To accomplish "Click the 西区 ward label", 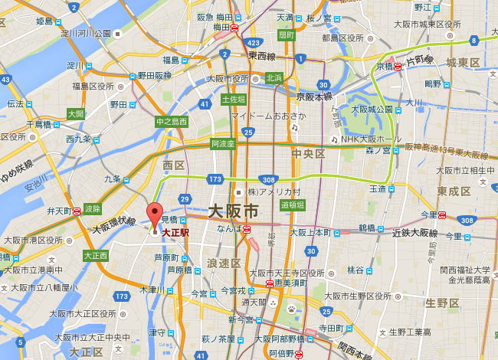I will [x=174, y=165].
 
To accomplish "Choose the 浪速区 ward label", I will [x=224, y=263].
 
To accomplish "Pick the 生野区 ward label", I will [x=442, y=303].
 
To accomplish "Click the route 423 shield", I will [x=255, y=43].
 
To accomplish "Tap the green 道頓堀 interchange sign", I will [x=292, y=205].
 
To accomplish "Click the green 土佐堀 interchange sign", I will [x=233, y=99].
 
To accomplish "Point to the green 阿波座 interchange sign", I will [x=222, y=143].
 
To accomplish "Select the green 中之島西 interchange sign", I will [x=172, y=121].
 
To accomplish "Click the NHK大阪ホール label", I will [x=371, y=139].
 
